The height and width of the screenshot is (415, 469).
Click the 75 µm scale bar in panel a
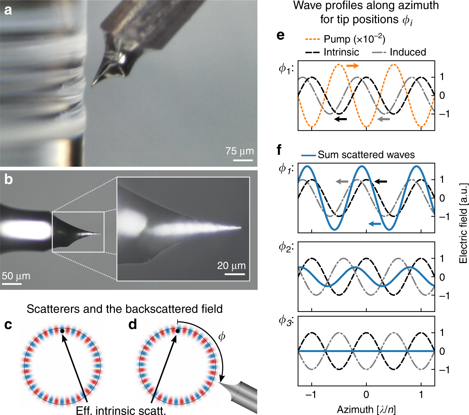tap(243, 160)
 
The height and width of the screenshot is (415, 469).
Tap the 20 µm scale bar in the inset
tap(235, 274)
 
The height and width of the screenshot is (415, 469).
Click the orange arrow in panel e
tap(353, 66)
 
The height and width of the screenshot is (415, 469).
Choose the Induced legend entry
tap(408, 52)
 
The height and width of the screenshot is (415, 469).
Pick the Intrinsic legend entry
tap(341, 52)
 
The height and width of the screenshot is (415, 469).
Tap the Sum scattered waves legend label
tap(366, 155)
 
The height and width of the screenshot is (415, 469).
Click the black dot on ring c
tap(62, 331)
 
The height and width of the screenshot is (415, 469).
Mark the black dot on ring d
tap(177, 331)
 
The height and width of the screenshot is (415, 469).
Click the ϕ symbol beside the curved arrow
tap(222, 337)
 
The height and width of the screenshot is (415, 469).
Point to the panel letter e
tap(280, 35)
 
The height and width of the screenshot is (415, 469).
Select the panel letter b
tap(8, 179)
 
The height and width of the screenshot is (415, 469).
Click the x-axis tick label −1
tap(311, 395)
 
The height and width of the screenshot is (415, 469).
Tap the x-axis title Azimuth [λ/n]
tap(366, 409)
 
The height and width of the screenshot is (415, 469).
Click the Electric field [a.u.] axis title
tap(463, 223)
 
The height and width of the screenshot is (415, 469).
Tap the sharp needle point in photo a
tap(93, 85)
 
